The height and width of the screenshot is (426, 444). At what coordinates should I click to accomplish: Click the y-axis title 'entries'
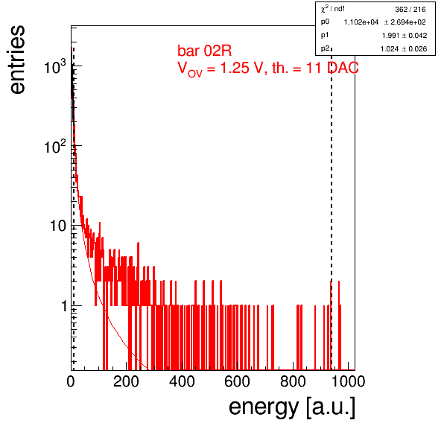[x=18, y=60]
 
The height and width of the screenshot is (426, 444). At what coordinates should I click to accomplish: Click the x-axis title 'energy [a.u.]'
[x=292, y=407]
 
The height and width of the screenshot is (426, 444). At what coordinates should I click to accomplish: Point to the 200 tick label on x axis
[x=126, y=381]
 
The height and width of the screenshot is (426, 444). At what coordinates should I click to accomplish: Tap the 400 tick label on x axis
[x=182, y=381]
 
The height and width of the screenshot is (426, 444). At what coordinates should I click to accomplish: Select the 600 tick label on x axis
[x=237, y=381]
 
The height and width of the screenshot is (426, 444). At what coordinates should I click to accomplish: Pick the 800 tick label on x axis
[x=293, y=381]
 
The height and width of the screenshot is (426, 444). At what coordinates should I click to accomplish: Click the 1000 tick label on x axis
[x=348, y=381]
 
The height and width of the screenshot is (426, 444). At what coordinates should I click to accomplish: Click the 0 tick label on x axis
[x=71, y=381]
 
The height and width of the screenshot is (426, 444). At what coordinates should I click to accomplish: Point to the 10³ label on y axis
[x=55, y=66]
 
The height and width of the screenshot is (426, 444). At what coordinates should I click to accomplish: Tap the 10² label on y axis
[x=55, y=146]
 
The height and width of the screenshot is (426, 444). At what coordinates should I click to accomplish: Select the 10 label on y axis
[x=58, y=226]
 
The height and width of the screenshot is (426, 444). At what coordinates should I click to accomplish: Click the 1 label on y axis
[x=64, y=306]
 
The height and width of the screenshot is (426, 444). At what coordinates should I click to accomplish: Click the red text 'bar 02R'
[x=204, y=51]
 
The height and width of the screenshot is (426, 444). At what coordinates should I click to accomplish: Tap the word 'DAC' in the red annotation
[x=343, y=68]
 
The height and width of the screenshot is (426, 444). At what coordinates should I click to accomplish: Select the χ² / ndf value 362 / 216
[x=410, y=10]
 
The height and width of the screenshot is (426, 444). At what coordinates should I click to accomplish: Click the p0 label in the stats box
[x=325, y=22]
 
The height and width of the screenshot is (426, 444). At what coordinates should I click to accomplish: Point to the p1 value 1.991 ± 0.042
[x=405, y=36]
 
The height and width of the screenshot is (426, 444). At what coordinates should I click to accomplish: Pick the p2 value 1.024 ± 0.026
[x=404, y=49]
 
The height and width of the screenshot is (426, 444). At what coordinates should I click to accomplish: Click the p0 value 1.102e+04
[x=361, y=22]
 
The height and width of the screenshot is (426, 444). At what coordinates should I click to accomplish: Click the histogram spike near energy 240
[x=138, y=274]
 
